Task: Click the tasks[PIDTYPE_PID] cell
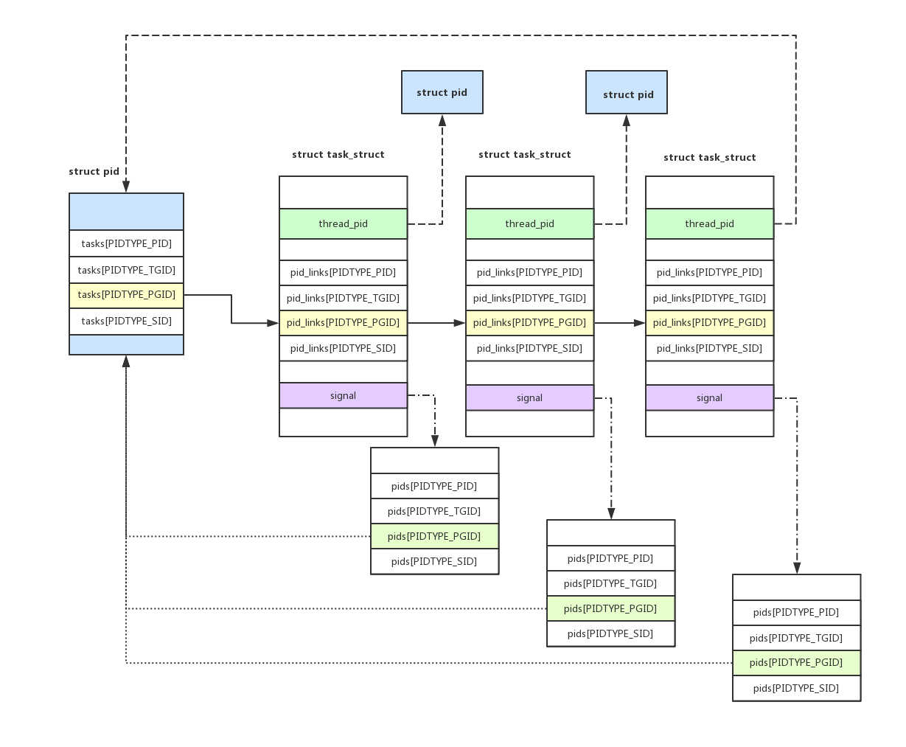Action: click(126, 243)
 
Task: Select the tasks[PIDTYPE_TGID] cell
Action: click(126, 270)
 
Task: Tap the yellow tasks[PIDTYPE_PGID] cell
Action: click(126, 295)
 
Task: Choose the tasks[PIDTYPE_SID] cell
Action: click(126, 322)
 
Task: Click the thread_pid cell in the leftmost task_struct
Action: click(344, 224)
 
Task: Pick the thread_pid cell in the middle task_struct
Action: click(530, 224)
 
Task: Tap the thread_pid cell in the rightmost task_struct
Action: click(709, 224)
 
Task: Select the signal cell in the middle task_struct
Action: click(530, 397)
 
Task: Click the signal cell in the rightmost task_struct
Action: click(709, 397)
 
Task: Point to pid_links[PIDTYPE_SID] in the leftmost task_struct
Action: click(344, 348)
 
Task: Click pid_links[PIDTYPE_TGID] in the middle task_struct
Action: click(530, 298)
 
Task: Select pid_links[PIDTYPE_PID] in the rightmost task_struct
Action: click(709, 273)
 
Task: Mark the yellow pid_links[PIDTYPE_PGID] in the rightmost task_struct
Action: click(709, 323)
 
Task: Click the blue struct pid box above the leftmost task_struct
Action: click(442, 92)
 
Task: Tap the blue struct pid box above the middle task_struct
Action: click(627, 92)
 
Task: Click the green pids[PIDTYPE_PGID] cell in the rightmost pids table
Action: click(797, 663)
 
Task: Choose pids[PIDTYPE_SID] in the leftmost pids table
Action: click(435, 562)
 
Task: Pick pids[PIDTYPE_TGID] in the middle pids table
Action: click(611, 583)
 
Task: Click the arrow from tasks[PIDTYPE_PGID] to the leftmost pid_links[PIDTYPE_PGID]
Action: click(231, 309)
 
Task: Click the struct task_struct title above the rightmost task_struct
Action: click(709, 158)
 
